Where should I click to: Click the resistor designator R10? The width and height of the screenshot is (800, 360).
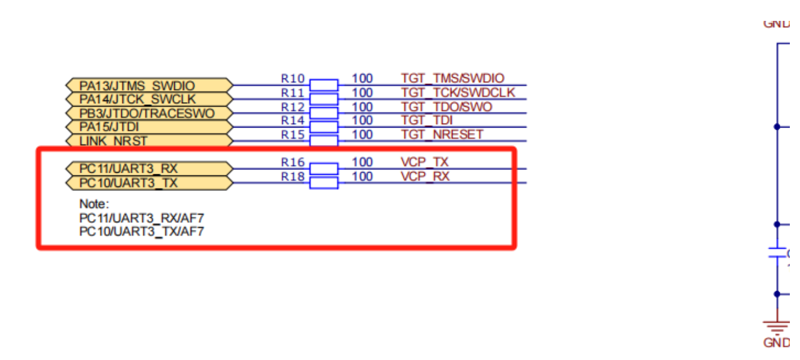point(293,78)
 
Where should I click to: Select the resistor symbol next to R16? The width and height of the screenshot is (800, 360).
point(324,169)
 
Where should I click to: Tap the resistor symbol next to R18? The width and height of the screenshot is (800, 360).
point(324,182)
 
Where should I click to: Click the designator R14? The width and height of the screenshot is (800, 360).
point(293,120)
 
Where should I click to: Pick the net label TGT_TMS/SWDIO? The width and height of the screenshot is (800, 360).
point(452,78)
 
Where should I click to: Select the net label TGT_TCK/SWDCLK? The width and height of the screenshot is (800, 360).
point(458,93)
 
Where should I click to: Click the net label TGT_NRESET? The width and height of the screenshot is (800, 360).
point(442,134)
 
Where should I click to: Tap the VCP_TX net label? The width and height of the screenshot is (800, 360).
point(424,162)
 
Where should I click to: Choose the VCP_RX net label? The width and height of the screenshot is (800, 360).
point(425,176)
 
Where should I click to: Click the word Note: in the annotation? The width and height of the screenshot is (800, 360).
point(94,204)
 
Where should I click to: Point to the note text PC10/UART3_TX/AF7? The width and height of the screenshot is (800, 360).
point(142,231)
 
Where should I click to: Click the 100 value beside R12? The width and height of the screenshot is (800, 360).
point(362,107)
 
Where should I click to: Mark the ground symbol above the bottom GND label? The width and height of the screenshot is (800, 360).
point(777,326)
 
